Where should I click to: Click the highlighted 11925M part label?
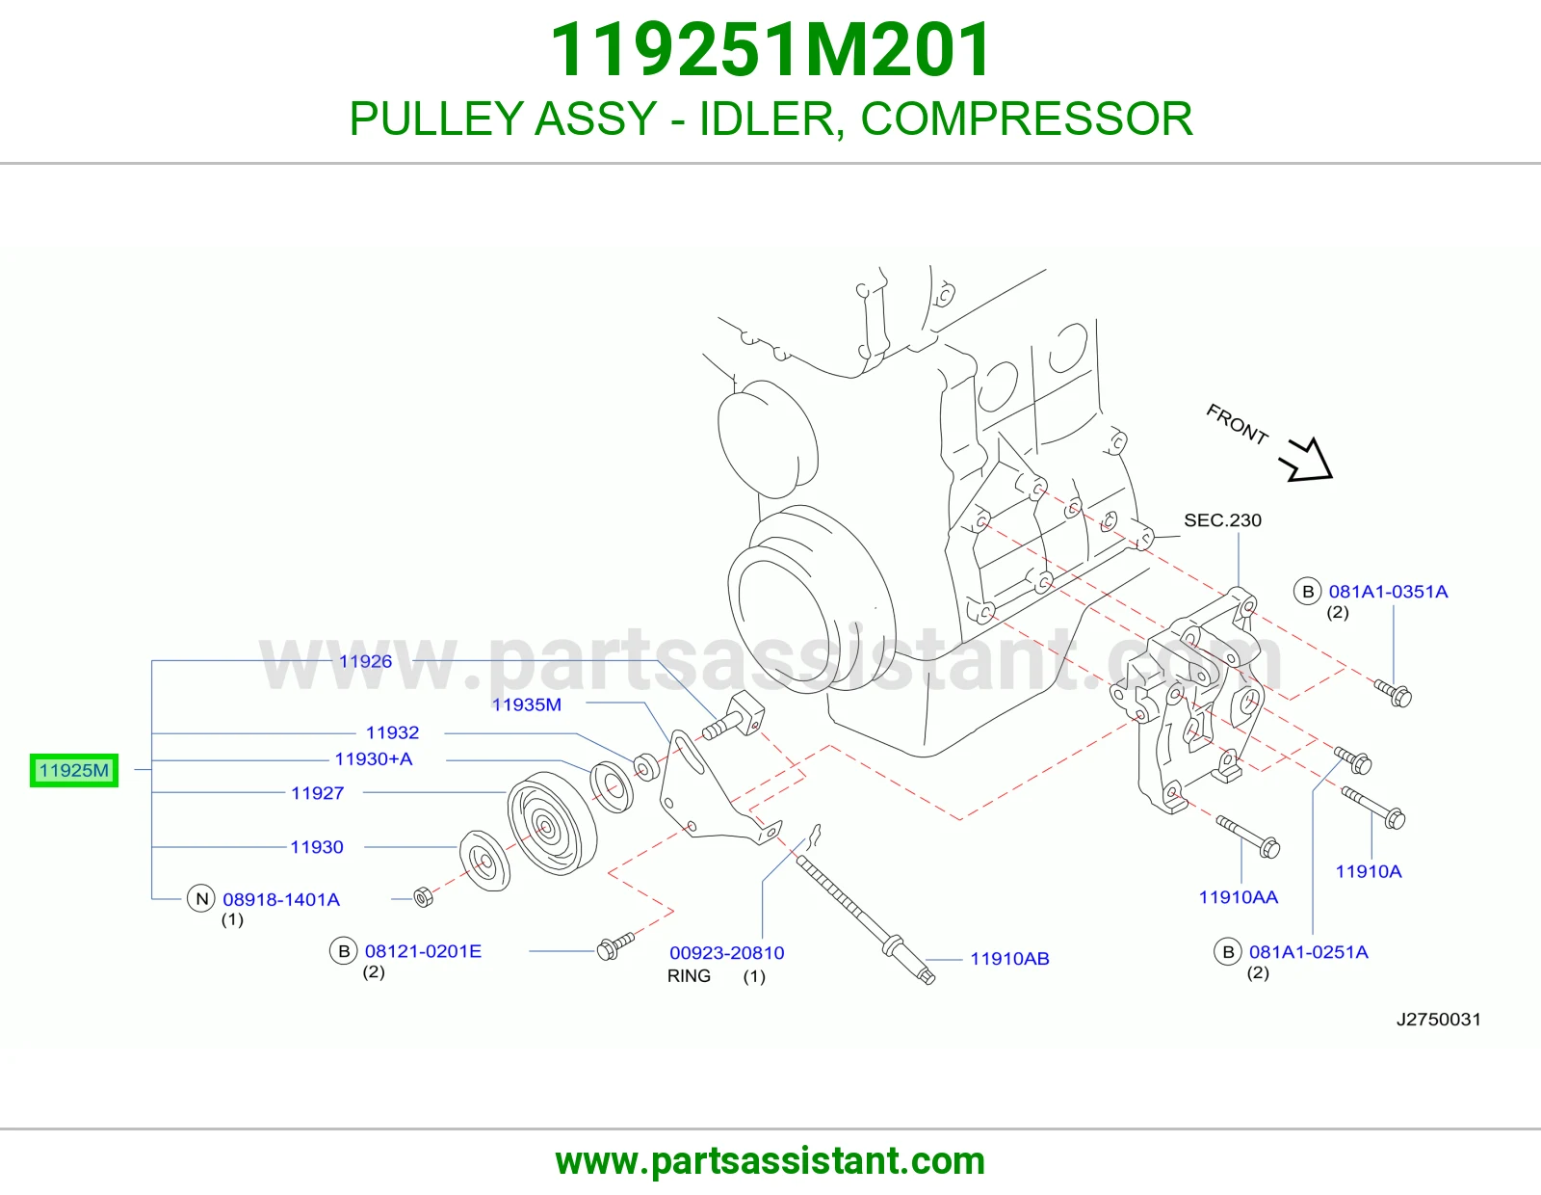point(74,770)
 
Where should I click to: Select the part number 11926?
point(365,661)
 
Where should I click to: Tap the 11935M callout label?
point(527,704)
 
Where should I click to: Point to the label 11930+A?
point(374,759)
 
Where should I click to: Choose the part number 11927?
point(318,793)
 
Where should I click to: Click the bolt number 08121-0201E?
point(424,951)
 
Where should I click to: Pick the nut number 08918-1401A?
point(281,900)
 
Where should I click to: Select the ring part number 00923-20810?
point(727,953)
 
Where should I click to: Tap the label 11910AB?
point(1010,959)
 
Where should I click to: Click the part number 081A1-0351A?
point(1389,592)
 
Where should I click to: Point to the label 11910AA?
point(1239,897)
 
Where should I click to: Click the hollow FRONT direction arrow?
point(1308,462)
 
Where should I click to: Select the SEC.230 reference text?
point(1222,520)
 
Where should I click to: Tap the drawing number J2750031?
point(1439,1020)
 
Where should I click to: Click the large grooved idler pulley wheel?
point(552,825)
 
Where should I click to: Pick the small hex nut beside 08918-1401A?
point(424,897)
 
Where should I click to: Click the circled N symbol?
point(201,899)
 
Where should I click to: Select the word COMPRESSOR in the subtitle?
point(1026,119)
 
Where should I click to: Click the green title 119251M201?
point(770,49)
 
